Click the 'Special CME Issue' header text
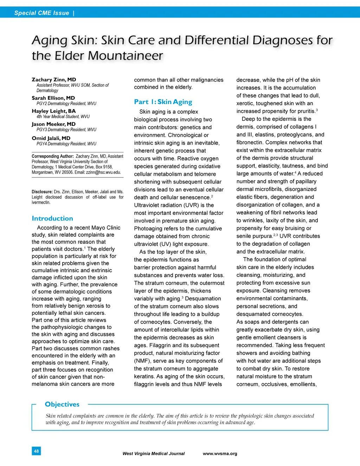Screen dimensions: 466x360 coord(41,13)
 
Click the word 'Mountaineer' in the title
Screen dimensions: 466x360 coord(126,56)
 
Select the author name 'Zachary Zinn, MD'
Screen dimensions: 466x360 coord(54,79)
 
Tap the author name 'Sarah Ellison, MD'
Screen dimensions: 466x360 coord(53,98)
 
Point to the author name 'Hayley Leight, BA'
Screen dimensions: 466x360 coord(53,111)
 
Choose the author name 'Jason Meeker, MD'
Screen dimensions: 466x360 coord(53,124)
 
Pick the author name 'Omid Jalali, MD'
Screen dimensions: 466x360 coord(51,138)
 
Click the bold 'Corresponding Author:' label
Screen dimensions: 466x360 coord(53,156)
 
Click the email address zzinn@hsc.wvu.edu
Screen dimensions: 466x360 coord(103,172)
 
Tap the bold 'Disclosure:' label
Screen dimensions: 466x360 coord(42,192)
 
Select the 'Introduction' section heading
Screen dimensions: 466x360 coord(52,218)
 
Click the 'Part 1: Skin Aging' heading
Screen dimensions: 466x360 coord(163,102)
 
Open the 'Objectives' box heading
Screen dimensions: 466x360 coord(62,404)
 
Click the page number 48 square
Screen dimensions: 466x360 coord(36,451)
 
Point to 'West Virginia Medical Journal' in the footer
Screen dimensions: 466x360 coord(153,454)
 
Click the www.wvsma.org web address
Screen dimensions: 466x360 coord(220,454)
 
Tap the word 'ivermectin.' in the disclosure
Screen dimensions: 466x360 coord(41,202)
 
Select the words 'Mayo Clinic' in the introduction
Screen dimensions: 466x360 coord(105,228)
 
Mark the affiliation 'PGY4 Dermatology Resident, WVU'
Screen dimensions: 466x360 coord(66,144)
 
